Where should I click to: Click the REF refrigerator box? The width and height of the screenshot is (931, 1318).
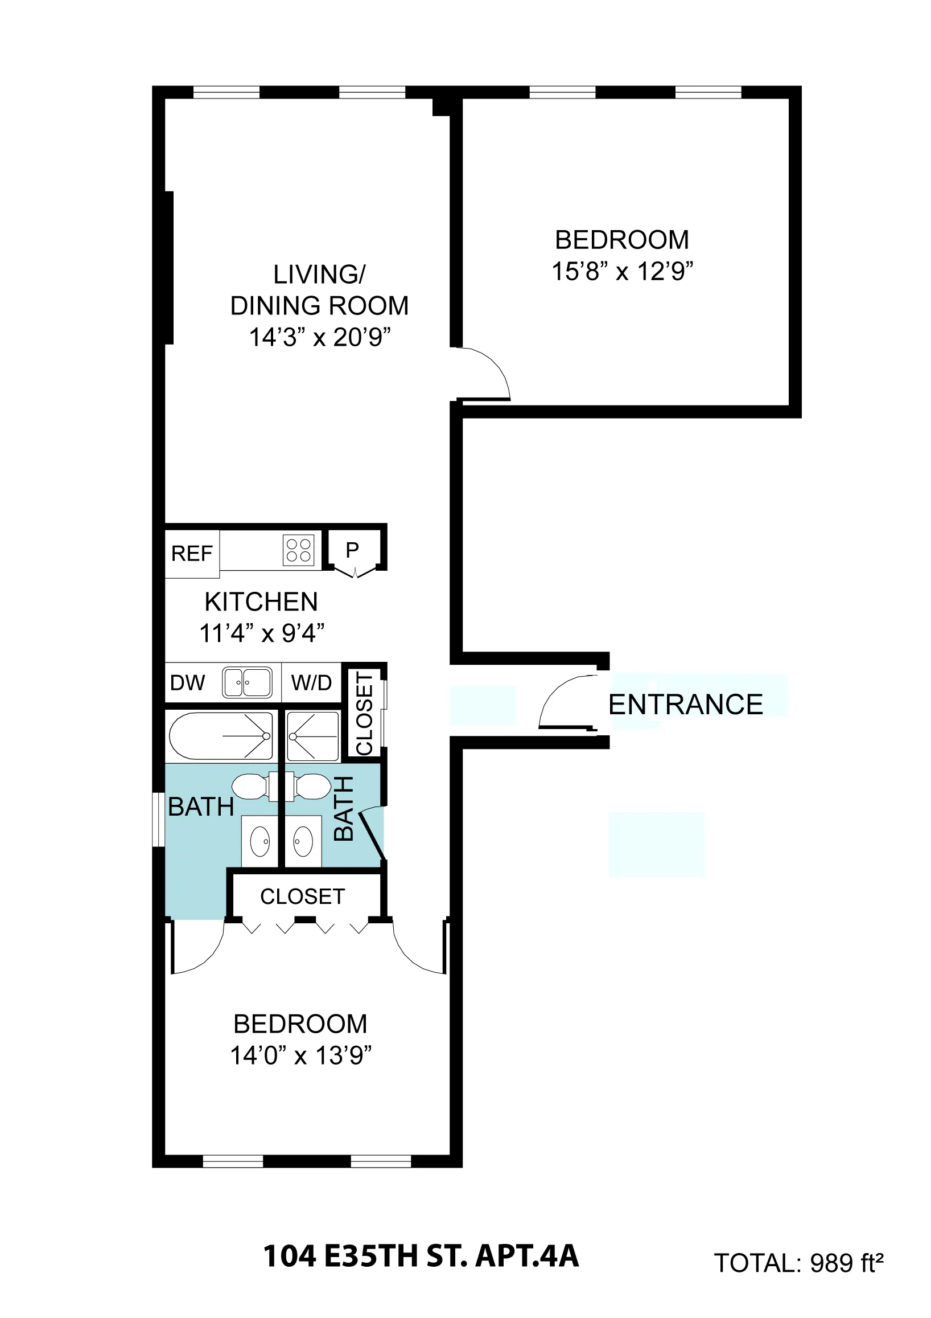(x=192, y=554)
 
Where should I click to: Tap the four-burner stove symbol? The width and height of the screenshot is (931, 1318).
(x=299, y=550)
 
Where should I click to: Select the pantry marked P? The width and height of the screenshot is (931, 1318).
(x=352, y=550)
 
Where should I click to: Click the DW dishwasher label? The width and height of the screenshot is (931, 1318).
(x=188, y=682)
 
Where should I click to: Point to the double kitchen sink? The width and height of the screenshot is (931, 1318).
(x=247, y=682)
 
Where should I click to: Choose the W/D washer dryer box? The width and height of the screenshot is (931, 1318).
(x=311, y=682)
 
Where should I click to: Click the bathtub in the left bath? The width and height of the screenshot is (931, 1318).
(x=221, y=736)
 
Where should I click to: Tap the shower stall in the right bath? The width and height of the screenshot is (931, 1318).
(x=312, y=736)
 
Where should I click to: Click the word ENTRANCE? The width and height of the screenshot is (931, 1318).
(x=686, y=705)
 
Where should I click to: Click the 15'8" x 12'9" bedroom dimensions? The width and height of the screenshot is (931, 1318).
(x=623, y=271)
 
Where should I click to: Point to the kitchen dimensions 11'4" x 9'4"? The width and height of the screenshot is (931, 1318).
(x=262, y=633)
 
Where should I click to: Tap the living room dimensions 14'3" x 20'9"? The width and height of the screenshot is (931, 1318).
(x=319, y=337)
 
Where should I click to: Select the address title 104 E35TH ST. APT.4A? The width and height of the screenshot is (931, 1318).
(x=421, y=1255)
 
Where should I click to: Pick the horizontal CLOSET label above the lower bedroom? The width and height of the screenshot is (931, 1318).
(x=302, y=896)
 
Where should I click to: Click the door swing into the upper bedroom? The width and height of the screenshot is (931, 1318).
(x=482, y=373)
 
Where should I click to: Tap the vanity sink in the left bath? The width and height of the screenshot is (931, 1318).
(x=260, y=841)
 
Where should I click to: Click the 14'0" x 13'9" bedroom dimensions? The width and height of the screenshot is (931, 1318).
(x=300, y=1055)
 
